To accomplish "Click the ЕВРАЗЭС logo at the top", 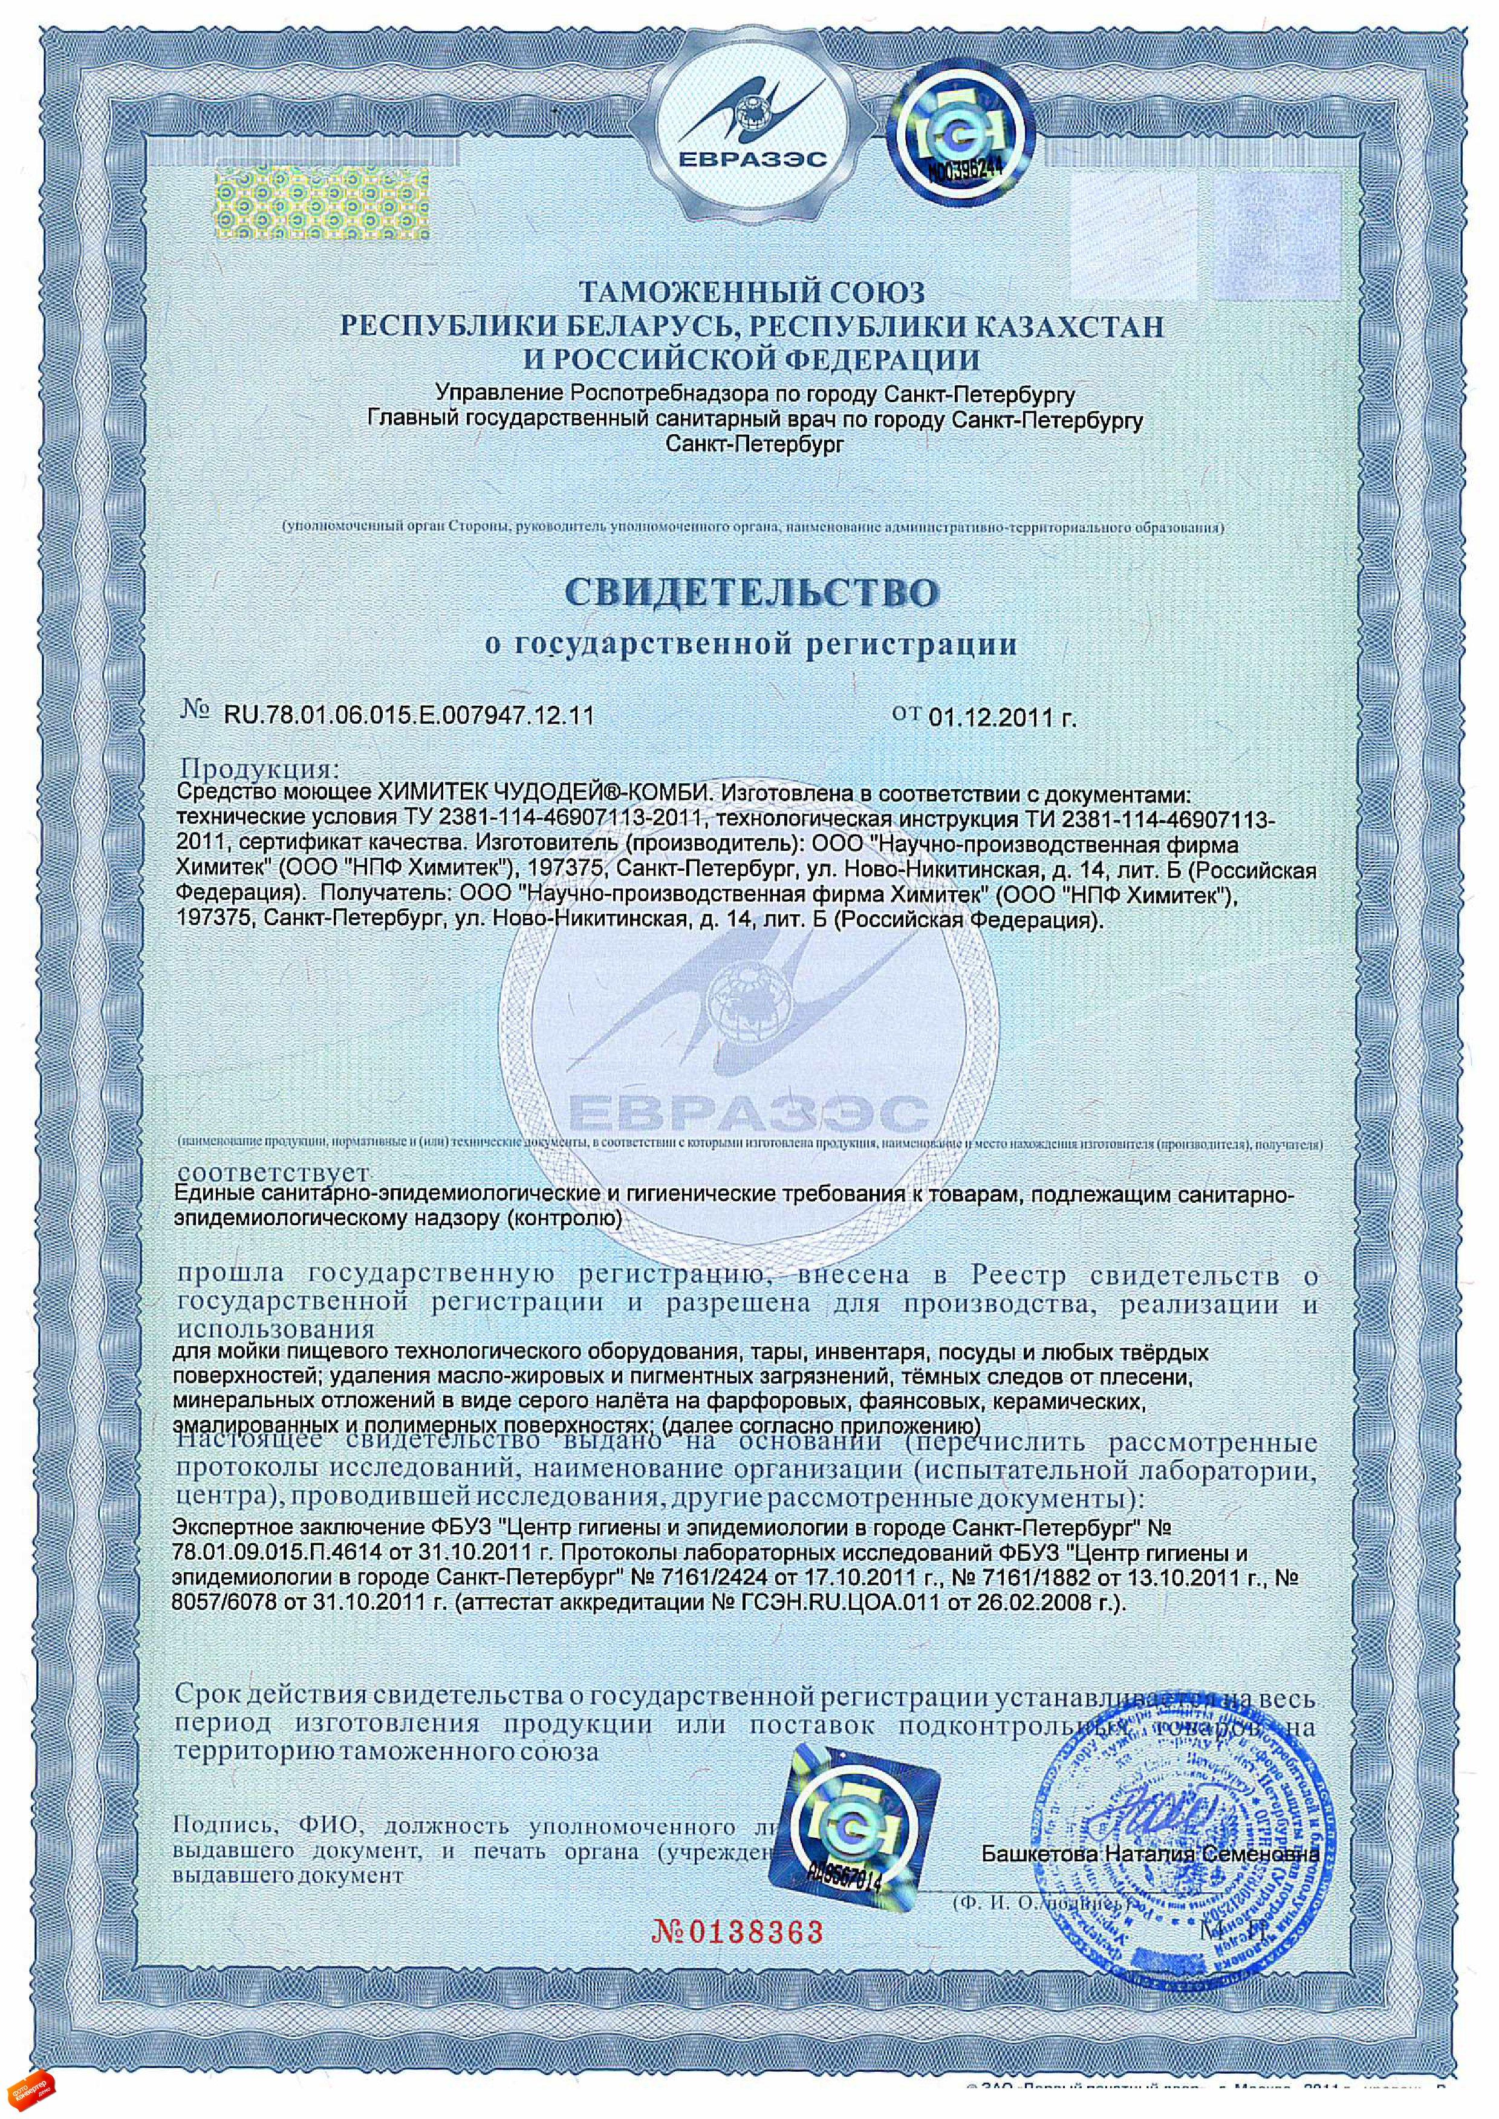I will pyautogui.click(x=750, y=116).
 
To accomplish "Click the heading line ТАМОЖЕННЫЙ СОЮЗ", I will pyautogui.click(x=750, y=293).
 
